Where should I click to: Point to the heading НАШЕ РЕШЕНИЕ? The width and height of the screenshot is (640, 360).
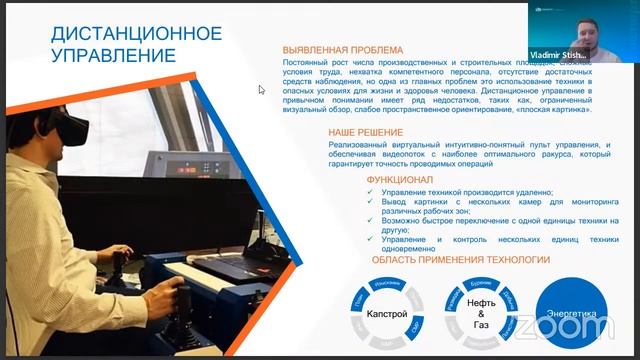[x=365, y=132]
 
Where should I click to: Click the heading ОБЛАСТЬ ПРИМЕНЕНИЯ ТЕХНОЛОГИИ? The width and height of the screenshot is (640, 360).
[x=461, y=259]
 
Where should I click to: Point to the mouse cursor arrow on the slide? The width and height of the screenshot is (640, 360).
[x=261, y=89]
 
